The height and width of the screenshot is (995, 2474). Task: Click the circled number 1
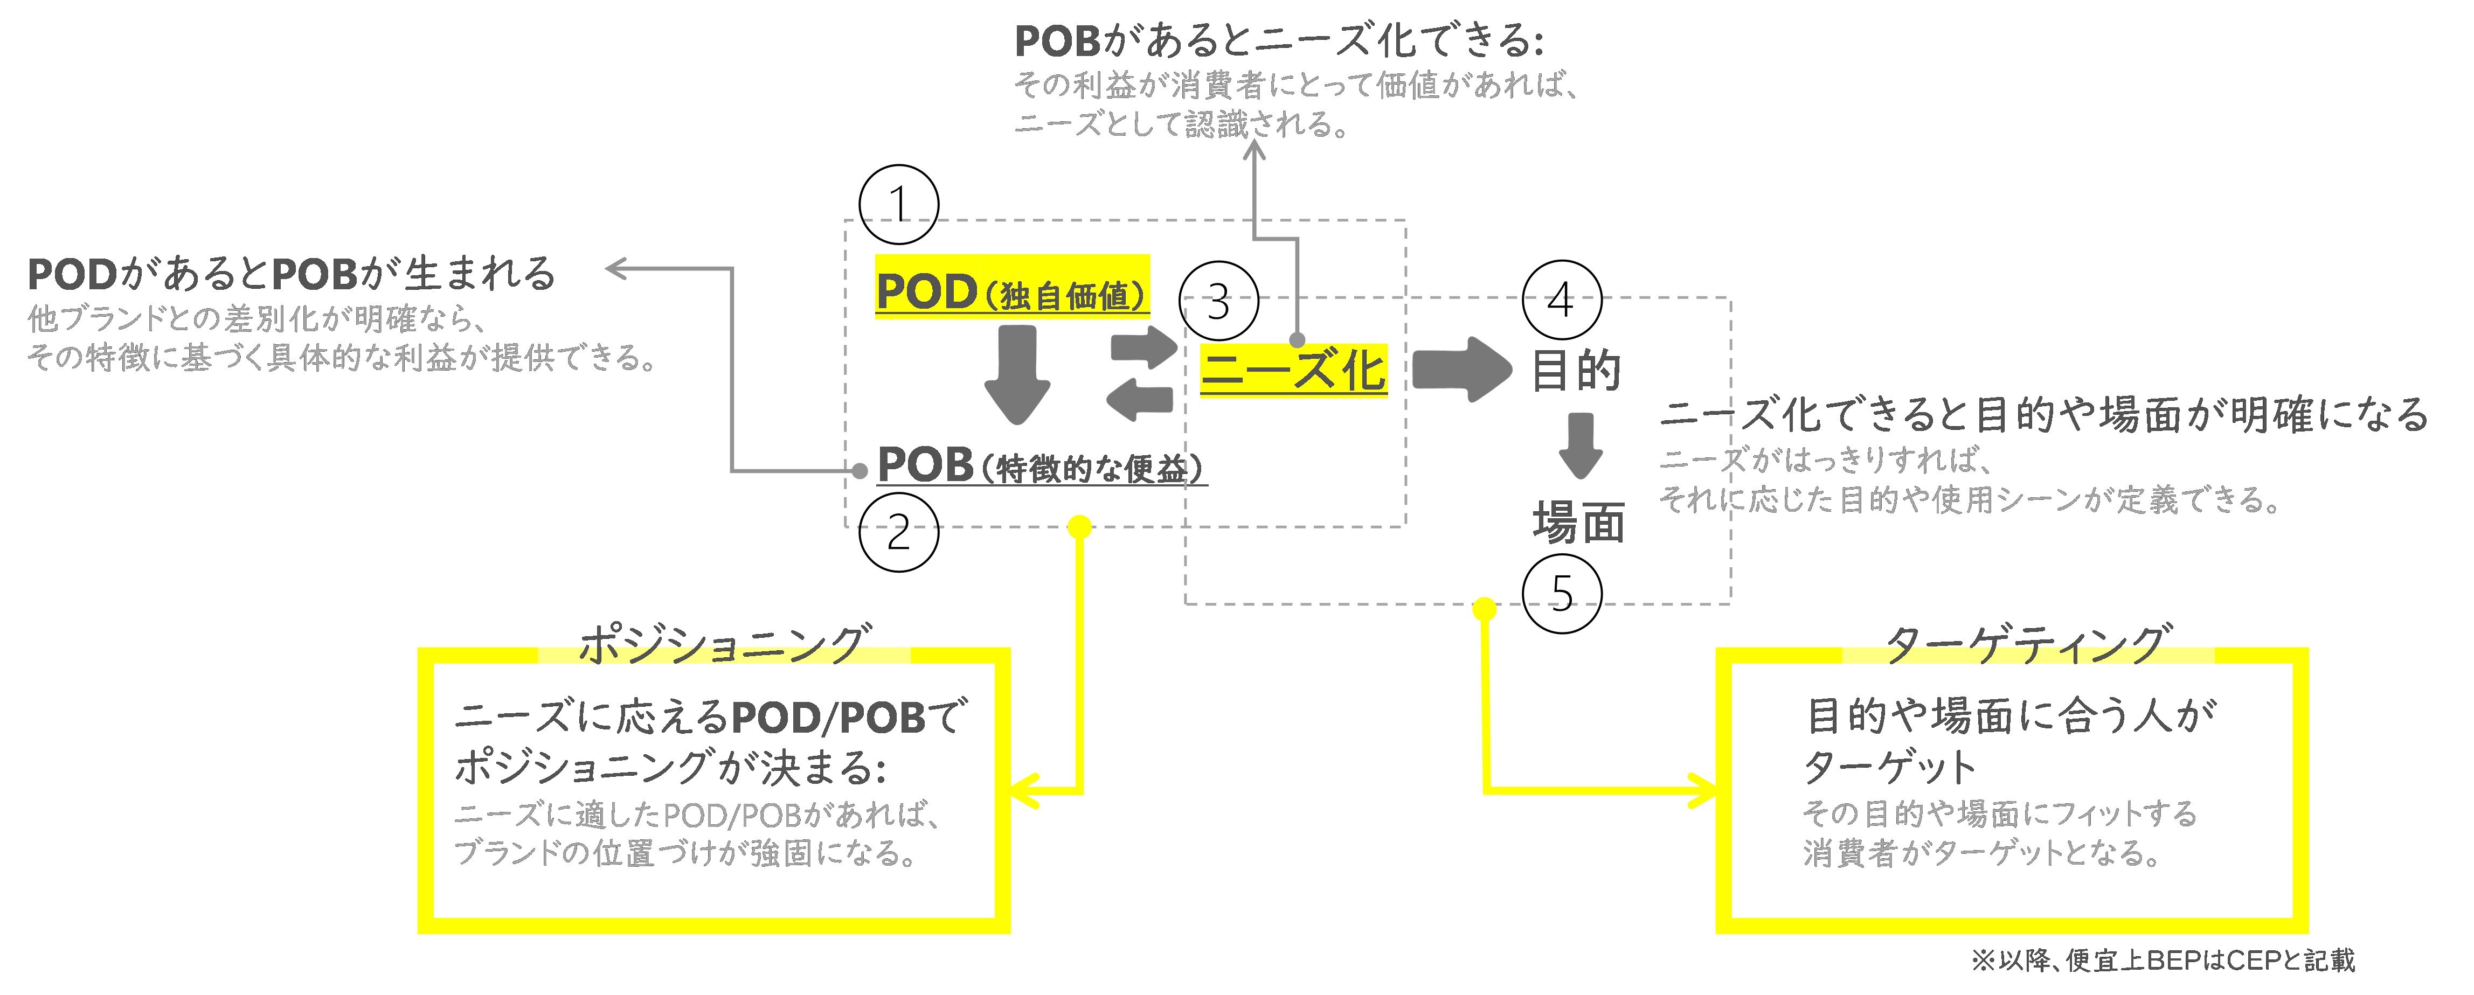(x=898, y=205)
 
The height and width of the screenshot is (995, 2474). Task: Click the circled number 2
(x=898, y=532)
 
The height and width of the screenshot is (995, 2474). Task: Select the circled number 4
(x=1562, y=300)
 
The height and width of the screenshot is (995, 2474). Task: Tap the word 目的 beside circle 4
(x=1575, y=371)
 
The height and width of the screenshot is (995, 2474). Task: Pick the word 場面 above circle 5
(x=1578, y=524)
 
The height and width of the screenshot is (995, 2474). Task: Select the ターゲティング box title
(x=2026, y=643)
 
